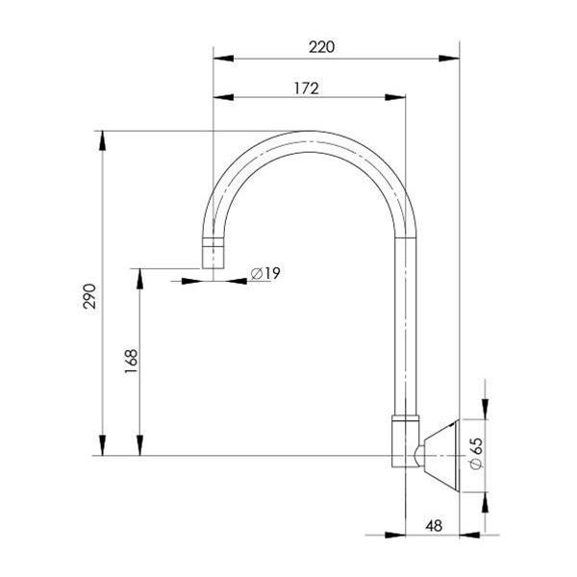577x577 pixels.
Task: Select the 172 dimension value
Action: (306, 87)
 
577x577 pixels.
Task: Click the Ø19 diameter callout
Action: (264, 274)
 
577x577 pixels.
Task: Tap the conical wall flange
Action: (441, 454)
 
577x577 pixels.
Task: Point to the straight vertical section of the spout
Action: (405, 327)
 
